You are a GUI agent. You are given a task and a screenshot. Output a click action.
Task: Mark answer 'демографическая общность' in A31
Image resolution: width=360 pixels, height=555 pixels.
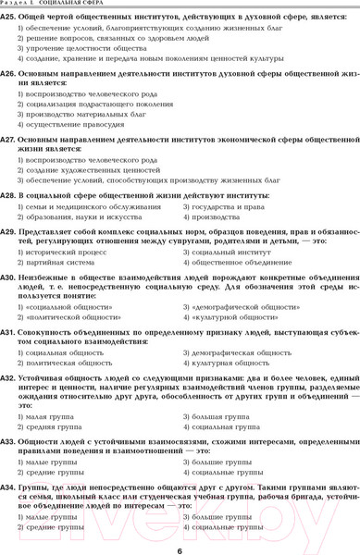click(231, 352)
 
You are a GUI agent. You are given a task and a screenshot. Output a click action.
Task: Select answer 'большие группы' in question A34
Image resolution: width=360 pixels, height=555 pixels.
click(217, 515)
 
